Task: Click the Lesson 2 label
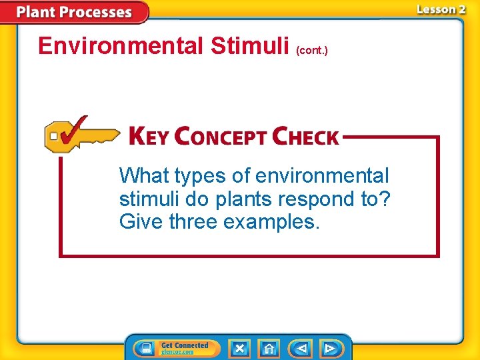[441, 9]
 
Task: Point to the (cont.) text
[312, 50]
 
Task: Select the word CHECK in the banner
[306, 137]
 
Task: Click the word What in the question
[144, 176]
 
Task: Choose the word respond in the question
[322, 199]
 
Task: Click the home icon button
[269, 348]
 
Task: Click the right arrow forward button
[330, 348]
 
